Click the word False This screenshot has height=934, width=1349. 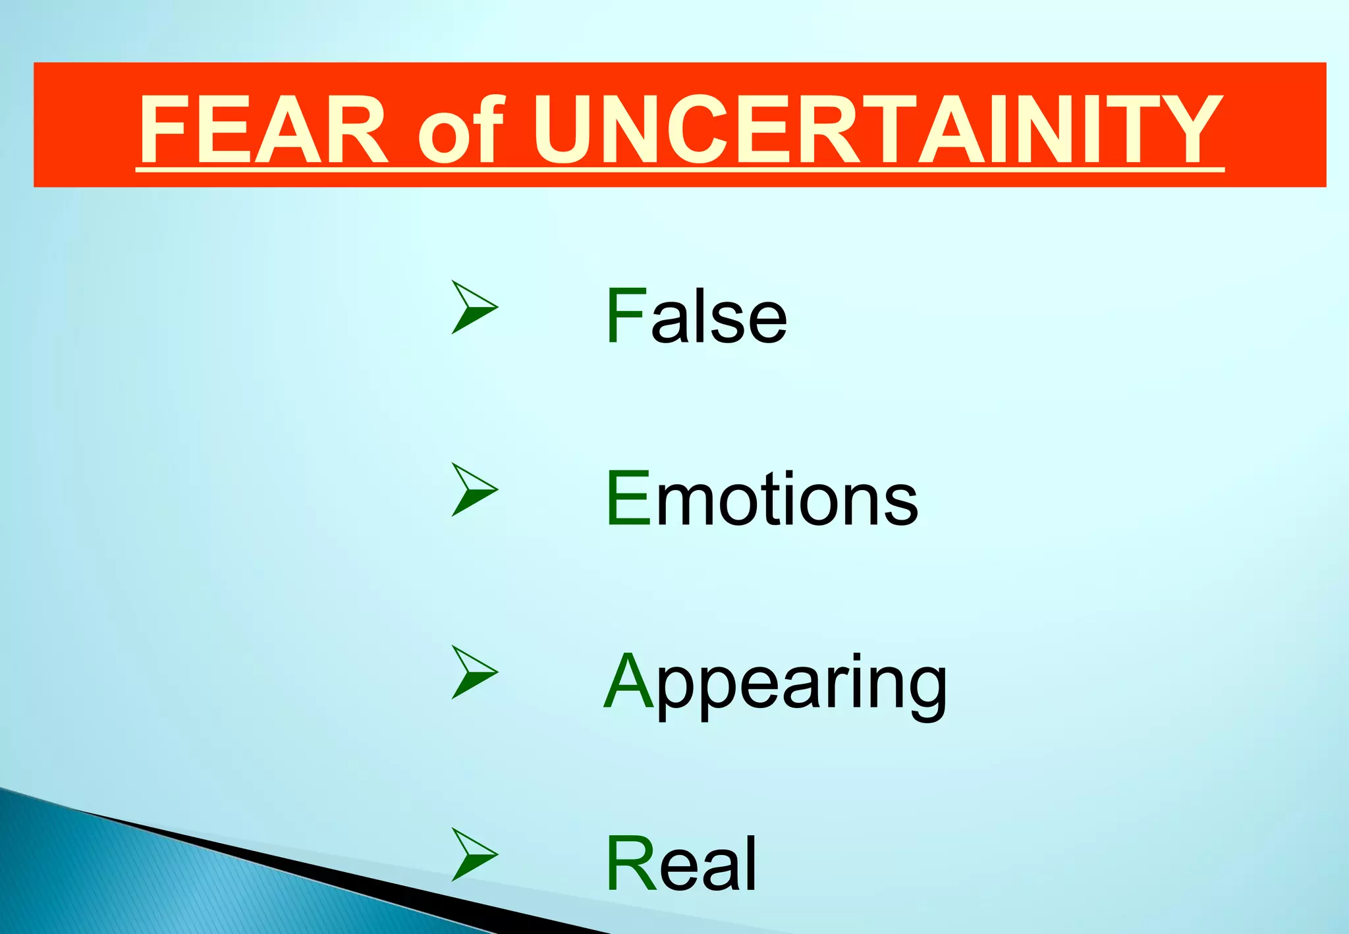tap(696, 316)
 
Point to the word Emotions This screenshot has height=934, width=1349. tap(761, 499)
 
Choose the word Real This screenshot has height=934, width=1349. tap(681, 864)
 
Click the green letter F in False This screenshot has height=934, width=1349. tap(625, 316)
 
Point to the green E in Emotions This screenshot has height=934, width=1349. tap(628, 499)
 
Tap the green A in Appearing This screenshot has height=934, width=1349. tap(628, 681)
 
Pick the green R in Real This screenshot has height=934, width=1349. tap(630, 864)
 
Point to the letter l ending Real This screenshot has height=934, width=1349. tap(751, 864)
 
